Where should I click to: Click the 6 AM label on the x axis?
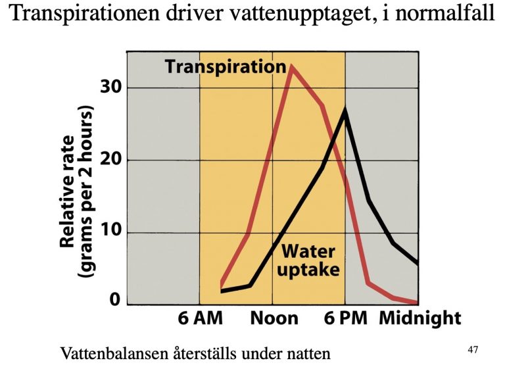pos(201,319)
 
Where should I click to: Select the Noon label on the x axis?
pos(274,319)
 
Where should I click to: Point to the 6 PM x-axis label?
pos(345,319)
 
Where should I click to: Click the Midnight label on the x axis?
pos(420,319)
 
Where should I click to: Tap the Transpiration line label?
pos(225,66)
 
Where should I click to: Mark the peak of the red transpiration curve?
pos(291,66)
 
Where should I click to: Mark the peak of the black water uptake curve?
pos(345,110)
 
